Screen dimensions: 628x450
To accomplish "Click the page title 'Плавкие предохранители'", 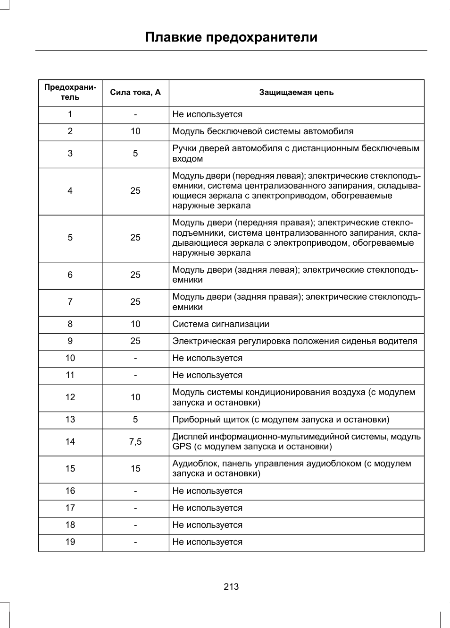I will tap(231, 37).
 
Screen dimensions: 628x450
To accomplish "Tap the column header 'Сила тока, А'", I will tap(135, 92).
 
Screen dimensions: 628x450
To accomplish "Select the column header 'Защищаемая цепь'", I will tap(296, 92).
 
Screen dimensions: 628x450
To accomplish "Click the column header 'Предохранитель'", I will tap(70, 92).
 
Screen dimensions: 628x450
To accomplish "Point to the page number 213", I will tap(231, 586).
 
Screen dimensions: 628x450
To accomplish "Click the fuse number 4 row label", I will tap(70, 191).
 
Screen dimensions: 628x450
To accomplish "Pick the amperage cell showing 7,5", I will tap(135, 442).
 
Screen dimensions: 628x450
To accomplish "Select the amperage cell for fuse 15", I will tap(135, 469).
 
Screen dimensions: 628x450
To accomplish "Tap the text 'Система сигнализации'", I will tap(221, 324).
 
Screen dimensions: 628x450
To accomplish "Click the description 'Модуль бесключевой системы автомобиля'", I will tap(263, 131).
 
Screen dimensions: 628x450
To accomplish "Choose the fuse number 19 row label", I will tap(70, 542).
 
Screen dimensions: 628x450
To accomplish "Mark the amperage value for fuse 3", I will tap(135, 154).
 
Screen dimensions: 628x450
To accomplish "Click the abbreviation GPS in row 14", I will tap(182, 447).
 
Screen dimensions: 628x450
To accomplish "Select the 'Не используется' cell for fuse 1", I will tap(208, 114).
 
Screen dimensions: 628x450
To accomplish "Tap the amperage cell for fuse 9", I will tap(135, 341).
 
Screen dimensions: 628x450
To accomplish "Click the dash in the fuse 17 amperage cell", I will tap(135, 508).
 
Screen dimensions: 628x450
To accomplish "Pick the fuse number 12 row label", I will tap(70, 397).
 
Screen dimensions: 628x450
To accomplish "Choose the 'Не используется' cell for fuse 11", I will tap(208, 375).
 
